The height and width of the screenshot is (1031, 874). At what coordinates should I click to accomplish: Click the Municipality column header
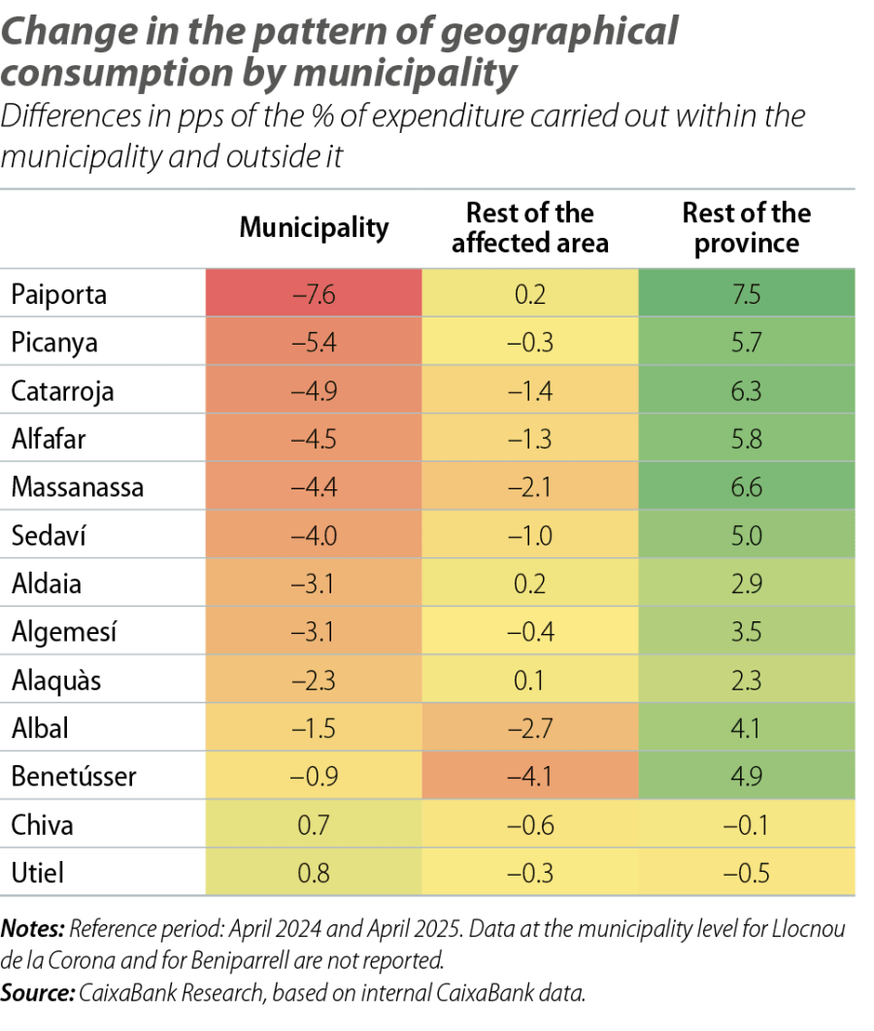[x=314, y=228]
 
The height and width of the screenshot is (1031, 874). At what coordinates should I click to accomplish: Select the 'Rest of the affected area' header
[x=530, y=228]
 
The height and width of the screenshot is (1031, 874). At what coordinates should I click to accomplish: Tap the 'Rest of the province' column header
[x=747, y=228]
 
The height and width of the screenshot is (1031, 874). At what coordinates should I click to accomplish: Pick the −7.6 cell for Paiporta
[x=314, y=295]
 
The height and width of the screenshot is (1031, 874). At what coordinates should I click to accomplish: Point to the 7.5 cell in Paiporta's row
[x=747, y=295]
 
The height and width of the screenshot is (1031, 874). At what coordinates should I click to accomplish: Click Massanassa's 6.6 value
[x=747, y=487]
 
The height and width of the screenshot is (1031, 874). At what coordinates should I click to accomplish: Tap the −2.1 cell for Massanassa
[x=530, y=487]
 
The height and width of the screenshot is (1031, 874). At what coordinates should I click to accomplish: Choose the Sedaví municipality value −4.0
[x=314, y=536]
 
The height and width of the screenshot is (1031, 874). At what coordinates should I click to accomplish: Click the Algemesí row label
[x=64, y=632]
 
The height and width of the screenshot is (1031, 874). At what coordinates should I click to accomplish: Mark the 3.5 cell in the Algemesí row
[x=747, y=632]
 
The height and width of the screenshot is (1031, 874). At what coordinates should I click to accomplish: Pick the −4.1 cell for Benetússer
[x=530, y=777]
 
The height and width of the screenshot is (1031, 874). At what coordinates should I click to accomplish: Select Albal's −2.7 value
[x=530, y=728]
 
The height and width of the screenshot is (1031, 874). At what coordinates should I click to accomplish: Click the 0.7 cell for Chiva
[x=314, y=825]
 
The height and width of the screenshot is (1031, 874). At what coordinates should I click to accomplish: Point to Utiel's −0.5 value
[x=747, y=873]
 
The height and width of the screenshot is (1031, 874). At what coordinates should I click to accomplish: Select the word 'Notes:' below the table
[x=32, y=930]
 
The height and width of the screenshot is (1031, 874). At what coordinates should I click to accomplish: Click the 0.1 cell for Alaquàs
[x=530, y=681]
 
